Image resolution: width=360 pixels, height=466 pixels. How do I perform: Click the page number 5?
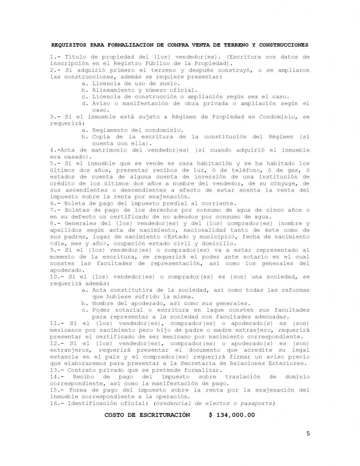click(308, 433)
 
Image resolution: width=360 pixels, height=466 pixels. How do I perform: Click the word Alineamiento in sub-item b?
click(114, 90)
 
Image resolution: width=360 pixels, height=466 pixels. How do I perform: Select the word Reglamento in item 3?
click(110, 130)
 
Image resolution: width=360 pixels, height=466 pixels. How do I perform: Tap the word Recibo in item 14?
click(87, 377)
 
